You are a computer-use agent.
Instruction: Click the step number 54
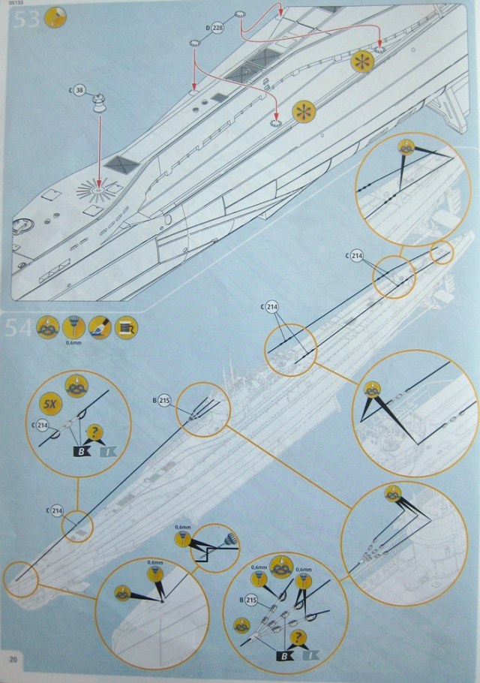pos(20,329)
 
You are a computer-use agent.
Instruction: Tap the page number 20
pos(14,659)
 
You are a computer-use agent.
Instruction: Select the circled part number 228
pos(218,28)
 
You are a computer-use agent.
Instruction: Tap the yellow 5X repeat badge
pos(49,404)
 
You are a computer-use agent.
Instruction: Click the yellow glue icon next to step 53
pos(55,18)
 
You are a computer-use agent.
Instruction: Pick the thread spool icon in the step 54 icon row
pos(126,328)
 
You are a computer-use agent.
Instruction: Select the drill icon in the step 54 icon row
pos(74,327)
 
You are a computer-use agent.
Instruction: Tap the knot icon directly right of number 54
pos(48,328)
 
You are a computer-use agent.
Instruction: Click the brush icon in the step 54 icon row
pos(100,328)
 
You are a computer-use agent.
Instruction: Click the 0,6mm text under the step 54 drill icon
pos(73,344)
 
